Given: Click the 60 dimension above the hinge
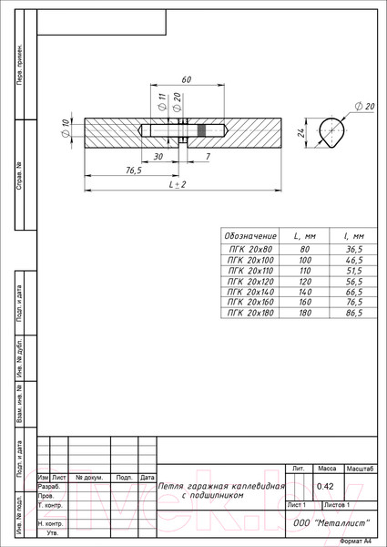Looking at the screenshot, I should pyautogui.click(x=186, y=80).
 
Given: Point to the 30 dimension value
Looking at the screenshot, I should pyautogui.click(x=158, y=156).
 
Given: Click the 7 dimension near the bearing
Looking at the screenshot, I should pyautogui.click(x=209, y=156).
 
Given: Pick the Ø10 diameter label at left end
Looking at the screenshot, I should pyautogui.click(x=66, y=129).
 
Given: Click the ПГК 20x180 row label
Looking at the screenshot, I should pyautogui.click(x=250, y=313).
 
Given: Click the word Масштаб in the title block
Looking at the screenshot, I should pyautogui.click(x=360, y=468).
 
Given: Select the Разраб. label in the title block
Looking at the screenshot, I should pyautogui.click(x=49, y=487).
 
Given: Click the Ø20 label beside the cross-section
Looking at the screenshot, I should pyautogui.click(x=370, y=107).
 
